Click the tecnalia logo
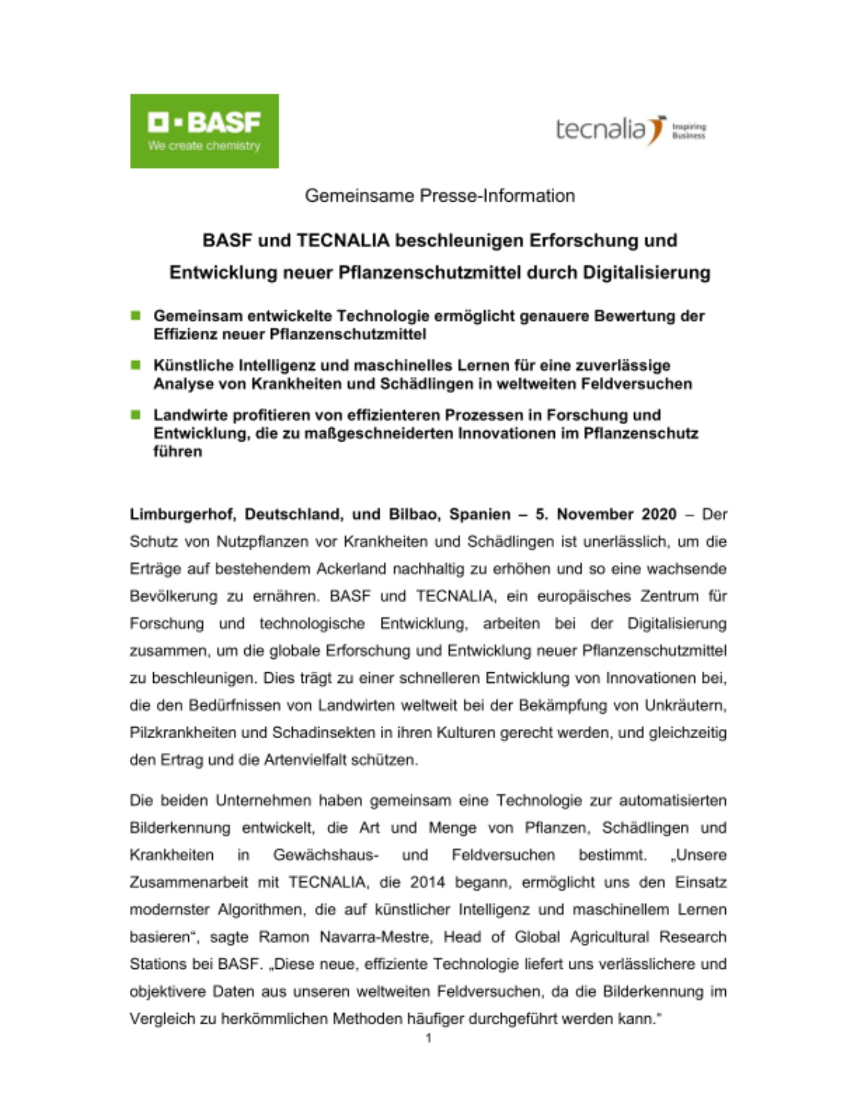click(x=630, y=130)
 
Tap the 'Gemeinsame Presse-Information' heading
click(x=439, y=196)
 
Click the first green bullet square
click(x=136, y=316)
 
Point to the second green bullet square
click(x=136, y=365)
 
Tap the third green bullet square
click(x=136, y=414)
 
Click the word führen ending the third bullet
click(x=178, y=451)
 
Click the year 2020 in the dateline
click(x=659, y=514)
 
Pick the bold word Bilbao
click(x=414, y=514)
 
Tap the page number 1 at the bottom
click(x=428, y=1038)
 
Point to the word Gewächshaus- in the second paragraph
click(x=326, y=855)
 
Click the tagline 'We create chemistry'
click(x=204, y=146)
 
